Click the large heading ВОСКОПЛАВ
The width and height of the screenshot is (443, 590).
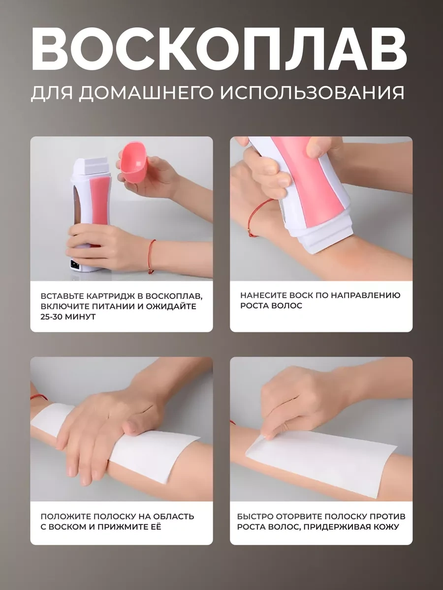coord(219,50)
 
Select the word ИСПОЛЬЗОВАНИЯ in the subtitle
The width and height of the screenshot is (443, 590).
coord(312,92)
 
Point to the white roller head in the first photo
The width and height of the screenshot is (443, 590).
coord(91,165)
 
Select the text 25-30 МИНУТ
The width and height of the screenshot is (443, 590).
coord(68,317)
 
